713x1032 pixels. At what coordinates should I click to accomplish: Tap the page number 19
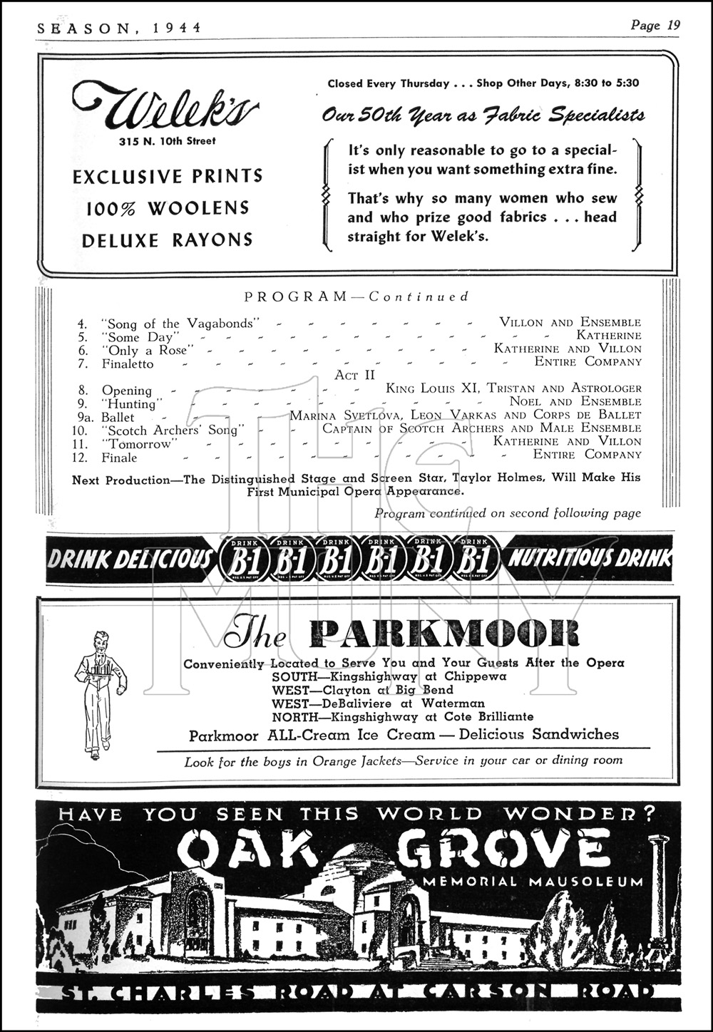(673, 25)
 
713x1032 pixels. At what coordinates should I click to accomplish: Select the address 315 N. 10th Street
(167, 141)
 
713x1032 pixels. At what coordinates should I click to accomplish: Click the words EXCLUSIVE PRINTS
(168, 176)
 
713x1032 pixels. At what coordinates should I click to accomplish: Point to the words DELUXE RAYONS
(168, 240)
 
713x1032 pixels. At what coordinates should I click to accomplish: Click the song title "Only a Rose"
(148, 350)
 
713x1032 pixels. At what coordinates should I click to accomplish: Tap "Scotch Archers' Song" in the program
(173, 430)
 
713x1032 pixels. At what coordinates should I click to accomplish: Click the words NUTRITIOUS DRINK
(589, 559)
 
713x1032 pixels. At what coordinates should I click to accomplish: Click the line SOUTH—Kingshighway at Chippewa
(389, 676)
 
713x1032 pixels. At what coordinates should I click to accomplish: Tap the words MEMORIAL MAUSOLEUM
(533, 882)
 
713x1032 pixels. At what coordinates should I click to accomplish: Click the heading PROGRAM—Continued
(356, 296)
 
